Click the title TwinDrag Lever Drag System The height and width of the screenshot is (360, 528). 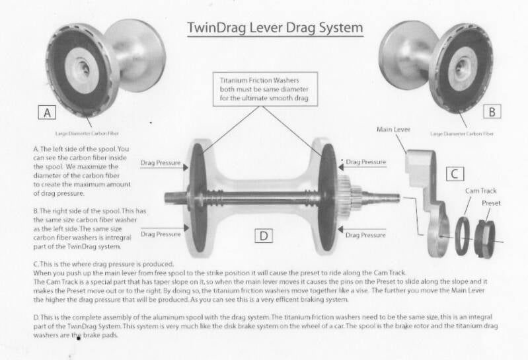tap(275, 28)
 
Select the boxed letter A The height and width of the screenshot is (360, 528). tap(47, 112)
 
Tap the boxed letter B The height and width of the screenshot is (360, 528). tap(492, 112)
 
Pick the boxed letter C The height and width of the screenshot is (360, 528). tap(455, 174)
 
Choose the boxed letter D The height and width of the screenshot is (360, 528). tap(264, 236)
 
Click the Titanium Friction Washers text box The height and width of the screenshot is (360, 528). tap(265, 89)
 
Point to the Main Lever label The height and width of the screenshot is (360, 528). tap(393, 130)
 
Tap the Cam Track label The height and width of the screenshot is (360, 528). tap(481, 191)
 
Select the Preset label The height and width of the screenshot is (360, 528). tap(491, 203)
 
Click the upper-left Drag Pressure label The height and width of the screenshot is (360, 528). tap(161, 163)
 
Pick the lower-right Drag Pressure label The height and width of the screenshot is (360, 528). tap(365, 235)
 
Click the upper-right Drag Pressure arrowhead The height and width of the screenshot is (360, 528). tap(341, 167)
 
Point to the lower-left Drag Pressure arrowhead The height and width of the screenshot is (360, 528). tap(186, 228)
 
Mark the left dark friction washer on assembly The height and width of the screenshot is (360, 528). tap(198, 197)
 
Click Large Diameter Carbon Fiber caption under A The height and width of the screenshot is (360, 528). tap(87, 134)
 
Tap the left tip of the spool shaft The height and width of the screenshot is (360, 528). tap(165, 197)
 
